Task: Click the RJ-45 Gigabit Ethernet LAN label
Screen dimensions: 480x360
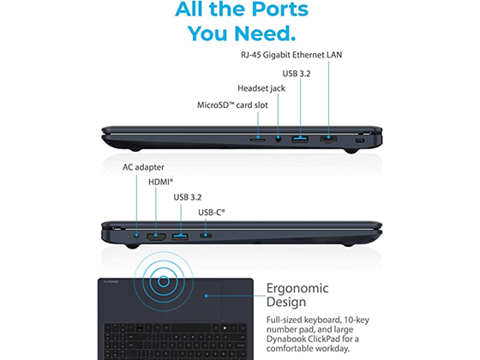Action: pos(291,55)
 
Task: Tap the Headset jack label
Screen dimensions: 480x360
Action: pos(261,88)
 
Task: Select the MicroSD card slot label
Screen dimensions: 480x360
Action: pos(232,105)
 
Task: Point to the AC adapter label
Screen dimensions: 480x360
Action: pos(143,167)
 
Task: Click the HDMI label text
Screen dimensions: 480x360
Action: pos(161,182)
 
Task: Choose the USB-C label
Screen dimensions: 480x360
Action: pos(212,213)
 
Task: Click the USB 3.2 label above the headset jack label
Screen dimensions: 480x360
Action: pos(297,74)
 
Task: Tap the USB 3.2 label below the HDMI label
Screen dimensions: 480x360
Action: pos(188,197)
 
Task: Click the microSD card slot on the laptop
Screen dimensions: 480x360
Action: pos(258,140)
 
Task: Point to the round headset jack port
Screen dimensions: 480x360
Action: pos(278,139)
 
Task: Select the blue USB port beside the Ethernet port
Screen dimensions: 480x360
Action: pos(300,140)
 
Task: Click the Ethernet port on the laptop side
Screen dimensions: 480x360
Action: pos(328,140)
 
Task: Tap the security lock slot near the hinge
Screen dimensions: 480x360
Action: pos(360,141)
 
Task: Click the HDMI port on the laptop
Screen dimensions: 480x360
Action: pos(156,237)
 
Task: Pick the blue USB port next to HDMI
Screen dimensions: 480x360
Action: pos(180,237)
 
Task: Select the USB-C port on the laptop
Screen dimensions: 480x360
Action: pos(206,236)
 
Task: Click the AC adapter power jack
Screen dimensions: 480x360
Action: pos(136,236)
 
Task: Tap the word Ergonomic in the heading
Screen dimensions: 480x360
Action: pos(297,288)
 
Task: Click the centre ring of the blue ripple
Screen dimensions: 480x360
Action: pos(164,281)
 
